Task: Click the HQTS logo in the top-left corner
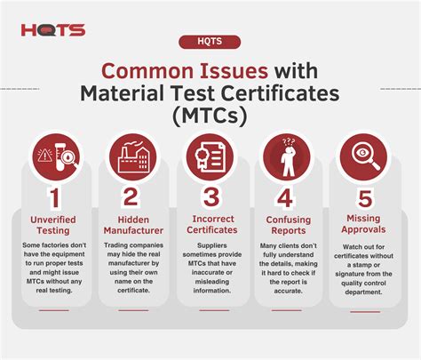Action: coord(52,30)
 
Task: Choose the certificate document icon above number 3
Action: coord(210,155)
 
